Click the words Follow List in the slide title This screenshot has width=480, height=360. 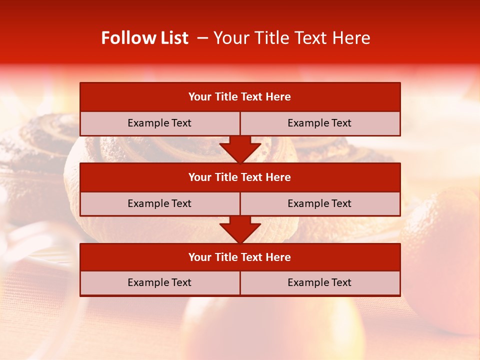click(x=144, y=38)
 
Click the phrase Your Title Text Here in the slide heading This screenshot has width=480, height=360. click(x=291, y=38)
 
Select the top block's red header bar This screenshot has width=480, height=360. click(x=240, y=97)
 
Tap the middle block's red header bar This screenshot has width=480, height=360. click(x=240, y=177)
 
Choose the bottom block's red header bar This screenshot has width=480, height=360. click(x=240, y=257)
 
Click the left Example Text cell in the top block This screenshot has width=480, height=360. click(x=159, y=123)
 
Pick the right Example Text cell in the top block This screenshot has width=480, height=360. click(x=319, y=123)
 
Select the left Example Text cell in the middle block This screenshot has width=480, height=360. click(x=159, y=203)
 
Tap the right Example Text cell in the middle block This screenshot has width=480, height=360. click(x=319, y=203)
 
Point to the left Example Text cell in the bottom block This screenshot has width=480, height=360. click(x=159, y=282)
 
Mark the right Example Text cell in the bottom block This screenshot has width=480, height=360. click(x=319, y=282)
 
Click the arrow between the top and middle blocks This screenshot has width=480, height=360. click(x=240, y=149)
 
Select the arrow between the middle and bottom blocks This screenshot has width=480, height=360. click(x=240, y=229)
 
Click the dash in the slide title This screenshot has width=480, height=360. click(x=202, y=38)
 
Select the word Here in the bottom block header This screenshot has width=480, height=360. click(x=278, y=257)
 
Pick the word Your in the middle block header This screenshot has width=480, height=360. click(x=200, y=177)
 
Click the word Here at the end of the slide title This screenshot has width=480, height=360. click(x=352, y=38)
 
